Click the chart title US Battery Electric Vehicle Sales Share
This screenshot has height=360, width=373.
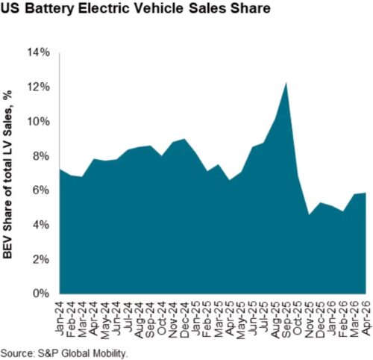pos(136,8)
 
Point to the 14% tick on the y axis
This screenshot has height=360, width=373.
pos(40,53)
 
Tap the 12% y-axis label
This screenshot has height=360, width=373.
pos(40,87)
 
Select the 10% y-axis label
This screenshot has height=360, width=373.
pos(40,122)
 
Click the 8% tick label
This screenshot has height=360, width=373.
pos(42,156)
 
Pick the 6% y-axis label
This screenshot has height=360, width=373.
pos(42,190)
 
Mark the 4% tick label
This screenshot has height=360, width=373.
pos(42,226)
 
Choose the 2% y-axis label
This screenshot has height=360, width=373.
pos(42,260)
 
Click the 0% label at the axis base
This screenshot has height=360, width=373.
pos(42,294)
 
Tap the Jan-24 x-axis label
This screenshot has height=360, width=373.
pos(60,316)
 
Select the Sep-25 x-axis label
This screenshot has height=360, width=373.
pos(286,320)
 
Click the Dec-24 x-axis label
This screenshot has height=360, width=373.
pos(184,320)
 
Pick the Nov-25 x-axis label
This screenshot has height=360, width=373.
pos(309,320)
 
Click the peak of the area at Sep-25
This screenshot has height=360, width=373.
pos(286,83)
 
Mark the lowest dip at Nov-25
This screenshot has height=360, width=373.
pos(309,214)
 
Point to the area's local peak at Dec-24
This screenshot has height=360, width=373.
pos(184,139)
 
